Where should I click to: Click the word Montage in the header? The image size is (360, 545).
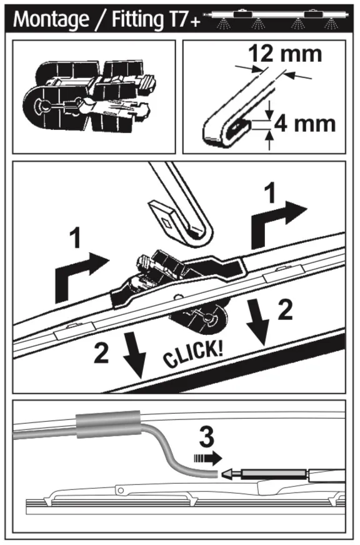click(x=51, y=19)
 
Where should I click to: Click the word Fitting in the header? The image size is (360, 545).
click(x=137, y=19)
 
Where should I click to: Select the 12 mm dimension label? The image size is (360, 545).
click(x=285, y=54)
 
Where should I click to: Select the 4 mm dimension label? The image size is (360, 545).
click(x=305, y=124)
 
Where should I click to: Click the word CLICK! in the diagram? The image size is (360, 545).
click(x=193, y=354)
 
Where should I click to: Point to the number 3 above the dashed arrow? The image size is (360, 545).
click(x=207, y=437)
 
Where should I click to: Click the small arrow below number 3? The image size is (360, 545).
click(x=207, y=458)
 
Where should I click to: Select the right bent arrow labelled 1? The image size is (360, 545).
click(x=278, y=224)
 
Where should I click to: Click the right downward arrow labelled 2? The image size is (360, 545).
click(x=258, y=321)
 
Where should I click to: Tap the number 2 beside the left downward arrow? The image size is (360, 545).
click(x=101, y=353)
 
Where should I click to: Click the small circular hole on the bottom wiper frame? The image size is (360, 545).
click(x=121, y=490)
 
